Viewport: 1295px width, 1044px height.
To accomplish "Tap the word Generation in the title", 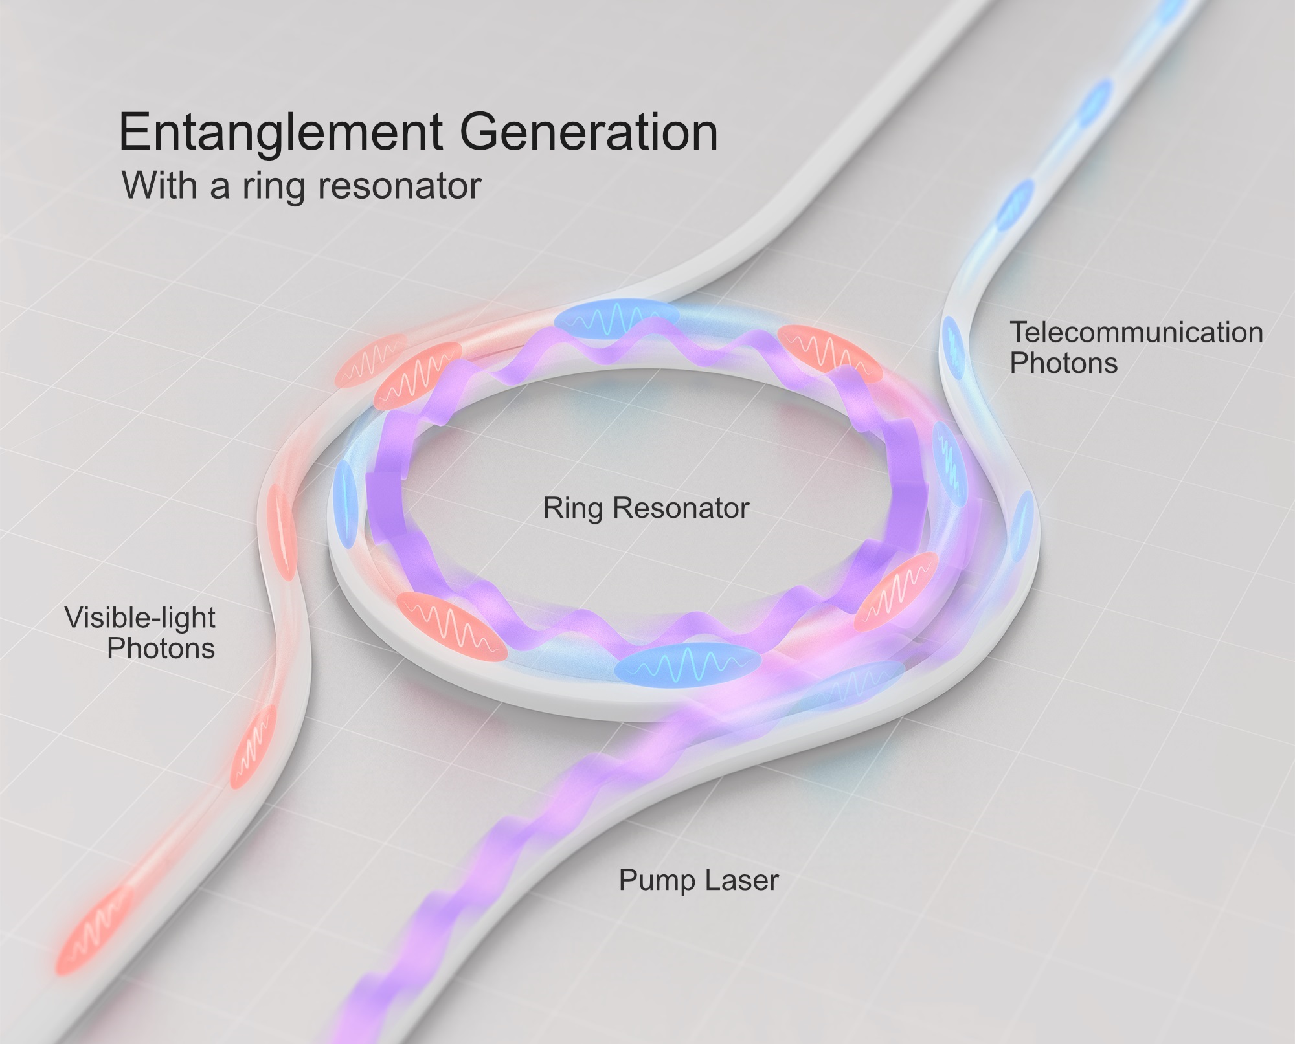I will click(x=589, y=133).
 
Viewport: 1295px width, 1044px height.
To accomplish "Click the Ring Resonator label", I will click(x=646, y=508).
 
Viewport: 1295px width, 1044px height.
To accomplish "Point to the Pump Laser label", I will click(x=698, y=880).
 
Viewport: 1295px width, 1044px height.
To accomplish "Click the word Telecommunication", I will click(x=1136, y=333).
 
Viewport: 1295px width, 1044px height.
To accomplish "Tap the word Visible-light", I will click(x=140, y=618).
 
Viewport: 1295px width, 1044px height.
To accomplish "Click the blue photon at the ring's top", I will click(x=616, y=318).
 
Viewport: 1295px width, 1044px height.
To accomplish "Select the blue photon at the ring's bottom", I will click(x=688, y=664).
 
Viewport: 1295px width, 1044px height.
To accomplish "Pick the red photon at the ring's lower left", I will click(x=451, y=626).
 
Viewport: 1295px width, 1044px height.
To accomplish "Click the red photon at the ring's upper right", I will click(x=829, y=353).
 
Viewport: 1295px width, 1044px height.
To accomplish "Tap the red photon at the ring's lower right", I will click(x=896, y=590).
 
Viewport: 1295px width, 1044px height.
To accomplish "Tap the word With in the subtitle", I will click(x=159, y=186).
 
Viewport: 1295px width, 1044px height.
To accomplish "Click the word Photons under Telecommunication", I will click(x=1063, y=363).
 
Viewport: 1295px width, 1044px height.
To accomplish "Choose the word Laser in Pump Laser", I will click(x=742, y=880).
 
